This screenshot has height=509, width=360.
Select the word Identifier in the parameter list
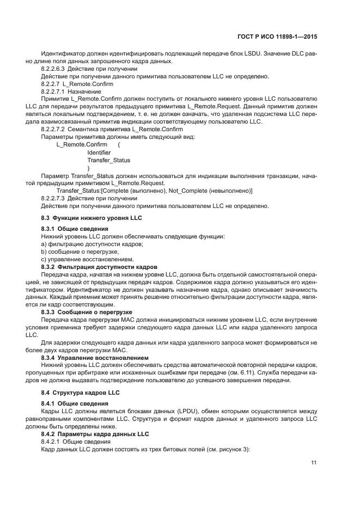tap(99, 153)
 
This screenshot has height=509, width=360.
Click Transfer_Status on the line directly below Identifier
tap(108, 161)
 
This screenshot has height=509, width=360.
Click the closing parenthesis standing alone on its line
tap(88, 169)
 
